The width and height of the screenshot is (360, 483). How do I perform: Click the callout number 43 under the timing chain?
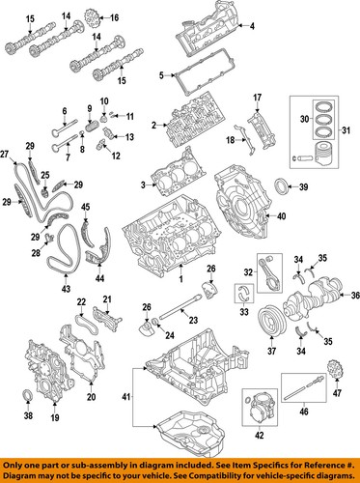click(66, 288)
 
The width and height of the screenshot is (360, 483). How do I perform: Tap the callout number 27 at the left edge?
click(5, 155)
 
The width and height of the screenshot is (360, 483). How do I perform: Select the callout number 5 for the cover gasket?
click(162, 72)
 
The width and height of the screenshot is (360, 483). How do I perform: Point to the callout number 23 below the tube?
click(193, 321)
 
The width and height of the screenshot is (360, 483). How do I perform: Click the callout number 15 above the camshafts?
click(31, 18)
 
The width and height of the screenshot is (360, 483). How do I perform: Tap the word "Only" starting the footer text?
click(17, 463)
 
